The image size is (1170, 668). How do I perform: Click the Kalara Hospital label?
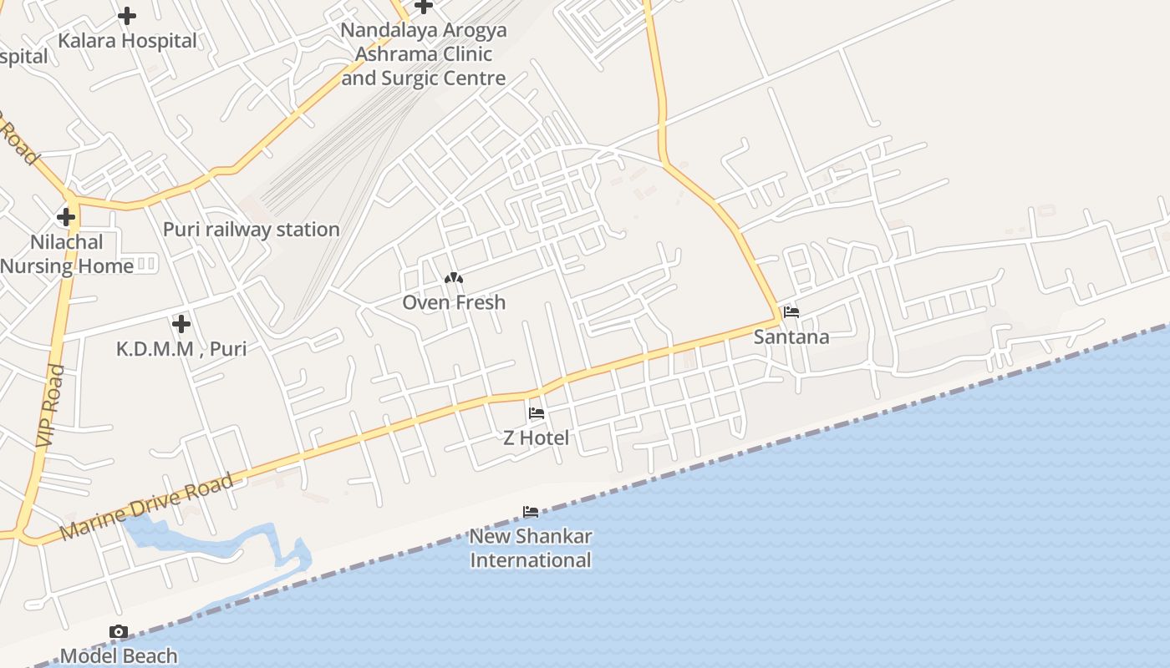(x=127, y=40)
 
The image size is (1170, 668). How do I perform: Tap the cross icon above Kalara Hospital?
(x=127, y=15)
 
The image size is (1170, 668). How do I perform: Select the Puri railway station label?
(x=251, y=229)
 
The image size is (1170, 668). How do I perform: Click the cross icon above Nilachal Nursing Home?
(x=66, y=217)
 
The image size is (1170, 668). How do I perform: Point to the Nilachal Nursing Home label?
(x=67, y=254)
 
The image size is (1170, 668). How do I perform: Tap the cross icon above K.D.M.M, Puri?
(x=181, y=323)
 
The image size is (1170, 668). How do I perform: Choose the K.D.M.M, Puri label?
(x=181, y=348)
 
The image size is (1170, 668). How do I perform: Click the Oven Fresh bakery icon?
(x=454, y=278)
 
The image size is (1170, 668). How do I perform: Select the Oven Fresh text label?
(x=454, y=302)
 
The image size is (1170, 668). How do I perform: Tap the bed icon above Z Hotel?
(x=536, y=412)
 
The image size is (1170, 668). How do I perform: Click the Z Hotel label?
(x=536, y=438)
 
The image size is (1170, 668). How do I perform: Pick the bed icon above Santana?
(x=791, y=312)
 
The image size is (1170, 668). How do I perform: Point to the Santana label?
(x=791, y=337)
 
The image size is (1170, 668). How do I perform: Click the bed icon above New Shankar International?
(x=531, y=511)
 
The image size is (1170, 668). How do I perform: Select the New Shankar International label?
(x=531, y=548)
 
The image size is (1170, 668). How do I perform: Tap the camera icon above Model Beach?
(x=119, y=631)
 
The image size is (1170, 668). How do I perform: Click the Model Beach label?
(x=119, y=655)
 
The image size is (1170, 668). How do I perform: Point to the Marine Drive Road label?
(x=147, y=507)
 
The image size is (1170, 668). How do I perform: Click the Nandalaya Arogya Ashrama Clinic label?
(x=423, y=54)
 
